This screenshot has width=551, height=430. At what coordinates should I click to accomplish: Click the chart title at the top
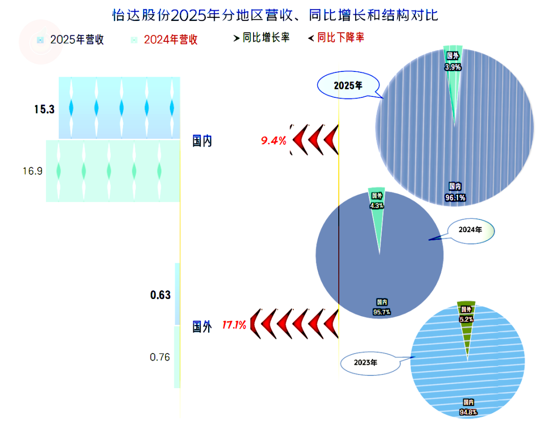tap(275, 15)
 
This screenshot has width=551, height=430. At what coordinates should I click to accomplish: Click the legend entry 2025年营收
tap(70, 40)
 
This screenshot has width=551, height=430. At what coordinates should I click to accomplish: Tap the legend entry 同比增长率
tap(261, 38)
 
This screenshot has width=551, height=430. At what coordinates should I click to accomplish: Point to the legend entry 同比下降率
tap(336, 38)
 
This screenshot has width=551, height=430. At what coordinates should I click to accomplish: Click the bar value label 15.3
tap(44, 109)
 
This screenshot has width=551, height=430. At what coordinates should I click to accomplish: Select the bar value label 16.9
tap(32, 171)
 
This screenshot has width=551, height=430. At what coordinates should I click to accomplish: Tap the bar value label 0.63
tap(160, 295)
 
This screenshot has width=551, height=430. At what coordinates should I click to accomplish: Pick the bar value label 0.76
tap(160, 357)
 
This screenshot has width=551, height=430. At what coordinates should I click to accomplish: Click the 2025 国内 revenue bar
tap(119, 108)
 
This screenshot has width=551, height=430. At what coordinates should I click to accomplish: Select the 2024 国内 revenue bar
tap(113, 171)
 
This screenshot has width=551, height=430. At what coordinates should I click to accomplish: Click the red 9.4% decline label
tap(273, 140)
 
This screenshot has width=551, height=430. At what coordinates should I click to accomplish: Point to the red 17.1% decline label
tap(234, 325)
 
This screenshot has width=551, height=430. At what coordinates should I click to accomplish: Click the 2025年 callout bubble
tap(348, 85)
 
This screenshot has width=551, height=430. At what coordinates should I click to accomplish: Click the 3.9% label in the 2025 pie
tap(453, 67)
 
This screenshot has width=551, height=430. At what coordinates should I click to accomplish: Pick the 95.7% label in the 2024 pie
tap(382, 312)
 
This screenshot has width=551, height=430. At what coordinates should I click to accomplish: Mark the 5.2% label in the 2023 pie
tap(466, 319)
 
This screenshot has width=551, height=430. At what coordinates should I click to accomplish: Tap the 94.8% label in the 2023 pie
tap(468, 412)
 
